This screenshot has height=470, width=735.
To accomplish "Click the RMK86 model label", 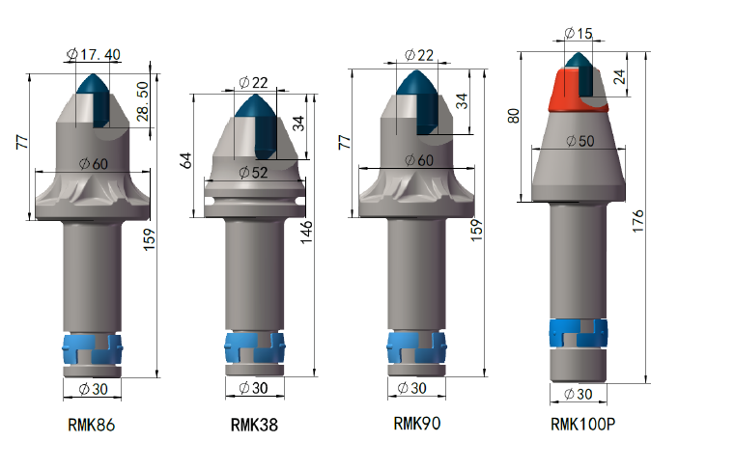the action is pyautogui.click(x=92, y=425).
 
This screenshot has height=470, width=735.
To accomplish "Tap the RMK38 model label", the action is pyautogui.click(x=254, y=425).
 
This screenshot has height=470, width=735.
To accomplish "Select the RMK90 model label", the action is pyautogui.click(x=416, y=423).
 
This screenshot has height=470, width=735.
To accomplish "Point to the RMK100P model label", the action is pyautogui.click(x=582, y=424).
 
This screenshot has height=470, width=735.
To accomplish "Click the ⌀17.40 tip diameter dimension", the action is pyautogui.click(x=94, y=55).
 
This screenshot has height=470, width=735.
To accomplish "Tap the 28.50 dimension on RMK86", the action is pyautogui.click(x=143, y=101).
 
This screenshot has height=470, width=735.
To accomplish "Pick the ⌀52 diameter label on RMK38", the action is pyautogui.click(x=253, y=173).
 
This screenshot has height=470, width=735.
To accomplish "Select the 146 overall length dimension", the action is pyautogui.click(x=305, y=232).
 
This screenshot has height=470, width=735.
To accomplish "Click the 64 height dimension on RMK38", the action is pyautogui.click(x=186, y=160).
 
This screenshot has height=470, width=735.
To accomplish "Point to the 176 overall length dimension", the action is pyautogui.click(x=637, y=221).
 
